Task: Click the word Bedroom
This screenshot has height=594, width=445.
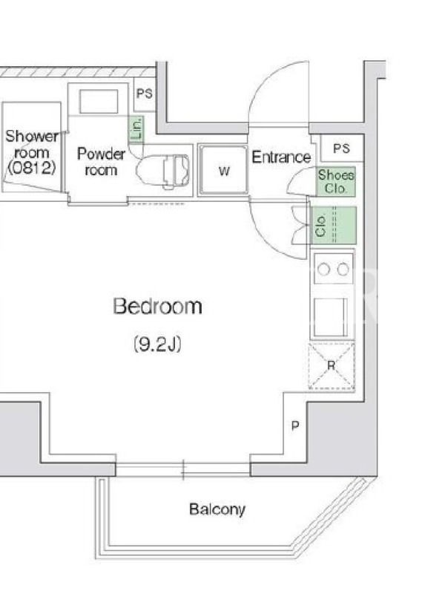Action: pos(157,306)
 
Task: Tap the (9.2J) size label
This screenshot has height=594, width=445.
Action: pos(157,344)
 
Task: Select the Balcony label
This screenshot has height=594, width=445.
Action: pos(217,509)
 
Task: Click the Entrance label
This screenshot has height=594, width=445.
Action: pos(281,157)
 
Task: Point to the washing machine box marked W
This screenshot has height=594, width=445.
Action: pos(224,170)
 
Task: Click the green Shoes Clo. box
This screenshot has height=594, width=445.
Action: pos(336,181)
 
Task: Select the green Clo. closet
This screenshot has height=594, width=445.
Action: pos(333,226)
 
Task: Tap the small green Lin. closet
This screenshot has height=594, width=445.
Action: pos(136,129)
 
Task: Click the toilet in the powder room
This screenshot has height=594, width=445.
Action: pos(162,172)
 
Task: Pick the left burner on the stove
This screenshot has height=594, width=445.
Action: pos(323,270)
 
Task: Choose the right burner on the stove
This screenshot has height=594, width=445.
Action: pos(343,270)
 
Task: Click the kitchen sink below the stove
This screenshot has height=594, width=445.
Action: pos(331,317)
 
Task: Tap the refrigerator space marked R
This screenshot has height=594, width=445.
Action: pos(332,366)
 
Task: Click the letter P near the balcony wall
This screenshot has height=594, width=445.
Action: pos(295,425)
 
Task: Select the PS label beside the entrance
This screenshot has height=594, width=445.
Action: pos(341,148)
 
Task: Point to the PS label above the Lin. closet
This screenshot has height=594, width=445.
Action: pos(144,94)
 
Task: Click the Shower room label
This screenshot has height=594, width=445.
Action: pos(32,144)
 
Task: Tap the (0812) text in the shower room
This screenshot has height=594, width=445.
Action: pos(32,167)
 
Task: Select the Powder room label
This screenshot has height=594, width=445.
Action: pos(101,162)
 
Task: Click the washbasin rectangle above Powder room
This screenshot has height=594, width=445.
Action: pos(99,102)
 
